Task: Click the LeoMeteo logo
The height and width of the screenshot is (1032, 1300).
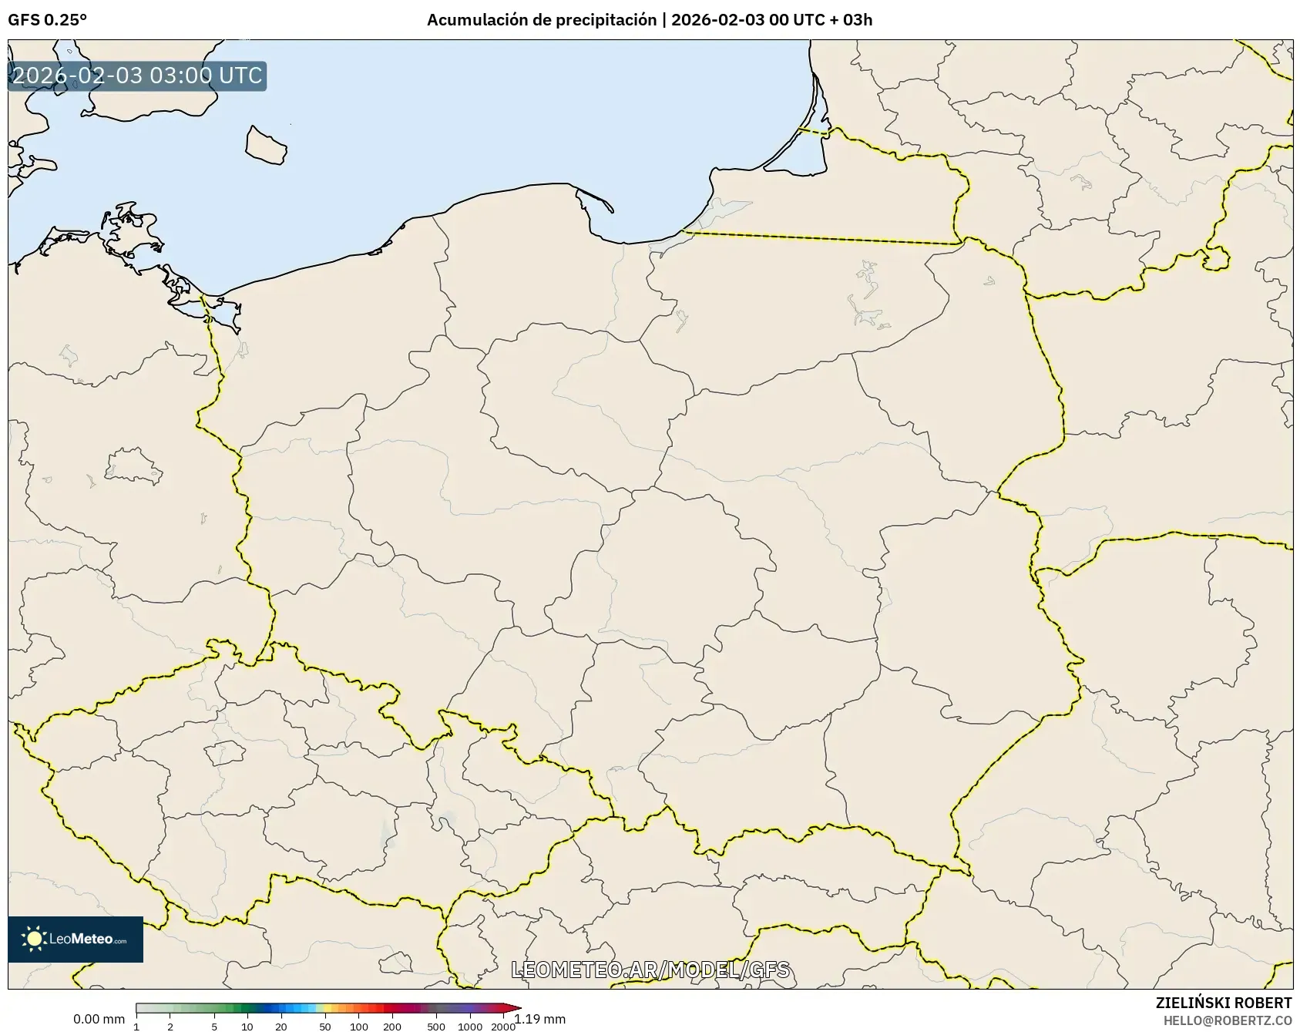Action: coord(76,939)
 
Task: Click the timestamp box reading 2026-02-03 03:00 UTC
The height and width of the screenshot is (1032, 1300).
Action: coord(137,76)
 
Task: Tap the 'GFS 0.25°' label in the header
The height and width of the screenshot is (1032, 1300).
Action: coord(47,20)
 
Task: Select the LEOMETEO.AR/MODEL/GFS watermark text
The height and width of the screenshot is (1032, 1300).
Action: coord(650,970)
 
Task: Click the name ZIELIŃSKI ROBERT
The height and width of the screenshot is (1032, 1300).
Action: coord(1223,1003)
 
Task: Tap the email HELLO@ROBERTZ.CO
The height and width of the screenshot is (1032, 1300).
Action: coord(1227,1020)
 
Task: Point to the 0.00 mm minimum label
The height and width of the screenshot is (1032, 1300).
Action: coord(99,1020)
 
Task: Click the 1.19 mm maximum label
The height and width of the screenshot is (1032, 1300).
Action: coord(540,1020)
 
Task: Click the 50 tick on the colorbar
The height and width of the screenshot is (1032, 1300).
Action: coord(325,1027)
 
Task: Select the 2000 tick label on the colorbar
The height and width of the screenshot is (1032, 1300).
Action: coord(503,1027)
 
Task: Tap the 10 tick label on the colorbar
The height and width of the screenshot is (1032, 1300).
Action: coord(247,1027)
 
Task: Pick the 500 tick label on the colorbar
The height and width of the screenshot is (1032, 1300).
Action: coord(436,1027)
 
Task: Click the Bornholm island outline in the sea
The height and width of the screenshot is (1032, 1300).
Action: coord(266,145)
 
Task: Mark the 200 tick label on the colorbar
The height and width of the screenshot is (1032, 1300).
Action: coord(392,1027)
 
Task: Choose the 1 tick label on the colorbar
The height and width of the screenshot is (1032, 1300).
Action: coord(136,1027)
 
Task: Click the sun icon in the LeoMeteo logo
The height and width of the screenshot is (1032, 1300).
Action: coord(34,939)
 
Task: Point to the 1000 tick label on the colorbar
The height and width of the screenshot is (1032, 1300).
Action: coord(470,1027)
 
